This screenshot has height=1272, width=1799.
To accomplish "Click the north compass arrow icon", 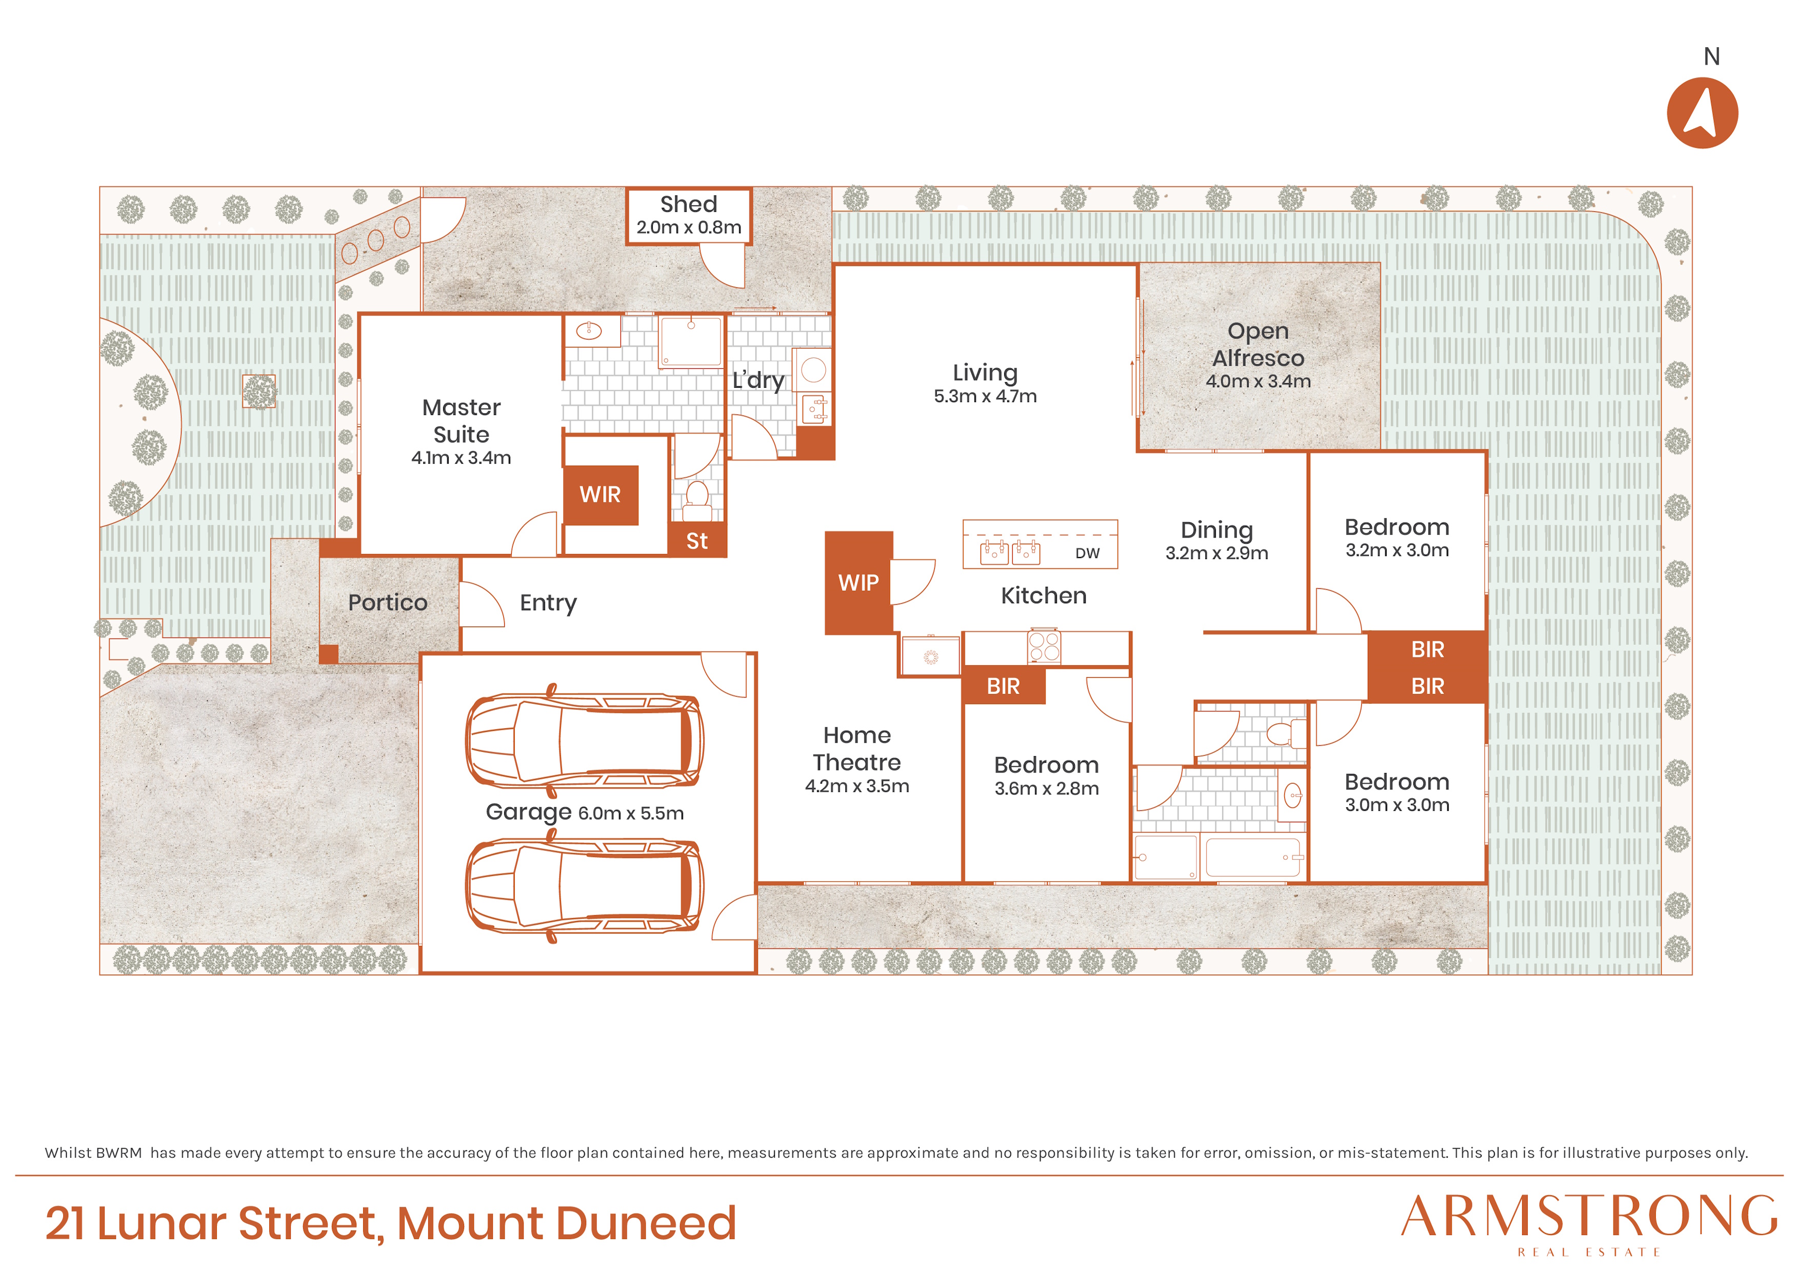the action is [1702, 113].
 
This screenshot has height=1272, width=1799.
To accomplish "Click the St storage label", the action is [696, 541].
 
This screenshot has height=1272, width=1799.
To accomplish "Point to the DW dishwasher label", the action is [1088, 553].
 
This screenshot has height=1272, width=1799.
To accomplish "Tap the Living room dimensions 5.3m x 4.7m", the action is [985, 396].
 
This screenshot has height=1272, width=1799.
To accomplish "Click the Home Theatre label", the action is [857, 748].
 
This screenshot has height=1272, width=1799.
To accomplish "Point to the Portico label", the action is [388, 603].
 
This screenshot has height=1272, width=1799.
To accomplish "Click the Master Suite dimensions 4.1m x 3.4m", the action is [462, 458].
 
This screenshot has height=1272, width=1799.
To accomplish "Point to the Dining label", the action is [1217, 530].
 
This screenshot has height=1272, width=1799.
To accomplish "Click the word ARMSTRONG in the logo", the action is [1589, 1217].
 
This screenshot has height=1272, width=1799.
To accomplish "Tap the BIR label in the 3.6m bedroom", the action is [1003, 687].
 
